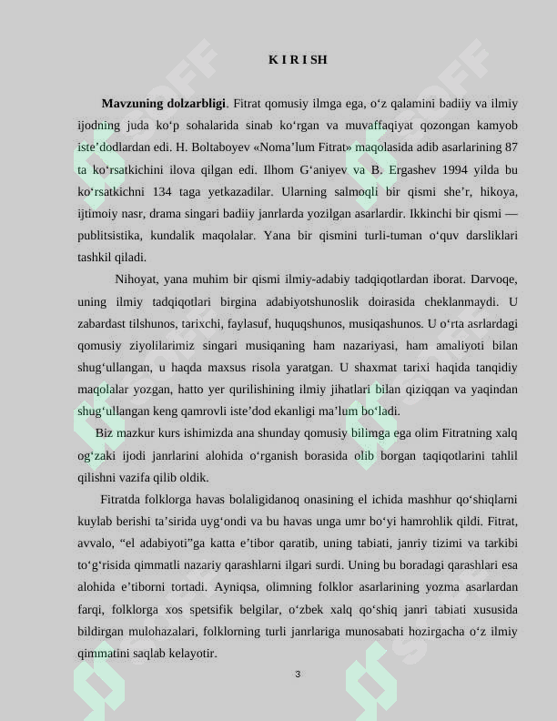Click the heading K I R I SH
point(298,60)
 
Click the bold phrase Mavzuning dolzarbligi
point(164,104)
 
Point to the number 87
point(511,147)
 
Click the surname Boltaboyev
point(221,147)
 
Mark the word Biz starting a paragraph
point(104,433)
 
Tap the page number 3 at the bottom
point(298,675)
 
